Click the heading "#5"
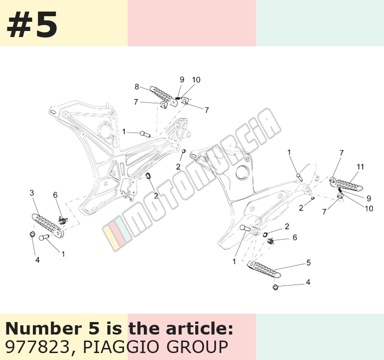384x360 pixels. click(32, 25)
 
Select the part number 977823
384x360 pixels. click(37, 347)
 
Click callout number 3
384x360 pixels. click(32, 193)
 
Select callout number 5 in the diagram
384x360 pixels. click(308, 263)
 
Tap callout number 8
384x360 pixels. click(136, 87)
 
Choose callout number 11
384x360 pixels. click(360, 167)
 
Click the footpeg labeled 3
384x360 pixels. click(48, 225)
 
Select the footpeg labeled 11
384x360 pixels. click(349, 185)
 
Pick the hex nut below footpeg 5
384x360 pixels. click(275, 287)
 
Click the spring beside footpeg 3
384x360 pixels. click(63, 220)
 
